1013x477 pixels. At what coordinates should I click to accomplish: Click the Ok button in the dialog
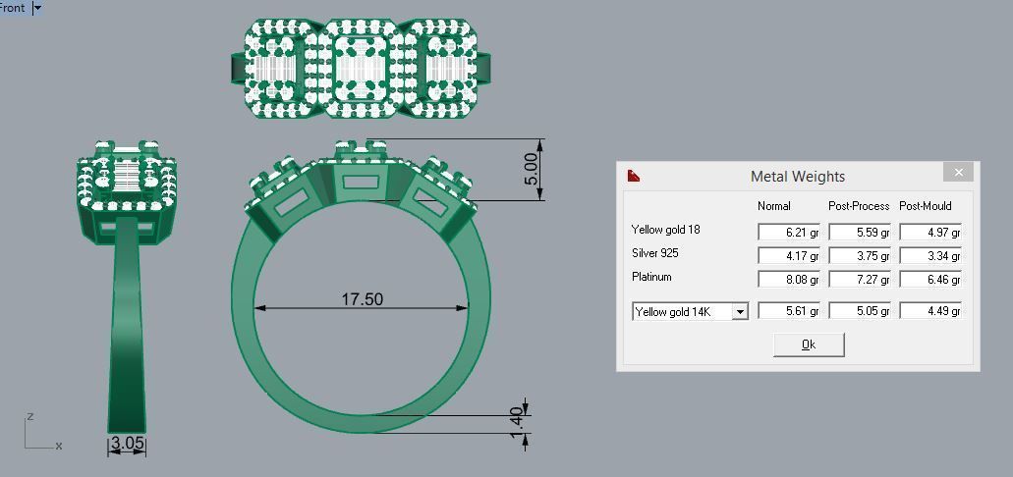809,344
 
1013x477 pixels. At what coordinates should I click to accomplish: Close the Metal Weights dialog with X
958,173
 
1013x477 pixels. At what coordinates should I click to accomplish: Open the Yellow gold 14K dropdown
740,312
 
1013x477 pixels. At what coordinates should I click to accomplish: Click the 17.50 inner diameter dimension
362,298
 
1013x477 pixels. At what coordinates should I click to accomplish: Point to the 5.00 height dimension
532,169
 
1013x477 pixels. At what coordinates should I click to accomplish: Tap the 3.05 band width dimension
128,444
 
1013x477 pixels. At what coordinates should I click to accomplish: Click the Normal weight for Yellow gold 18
788,232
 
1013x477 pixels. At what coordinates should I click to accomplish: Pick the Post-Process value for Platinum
859,279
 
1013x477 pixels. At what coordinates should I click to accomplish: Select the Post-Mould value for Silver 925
929,255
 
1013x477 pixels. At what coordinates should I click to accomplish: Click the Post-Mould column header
925,206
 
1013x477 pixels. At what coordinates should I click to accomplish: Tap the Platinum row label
651,277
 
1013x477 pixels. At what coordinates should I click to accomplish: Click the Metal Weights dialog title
797,177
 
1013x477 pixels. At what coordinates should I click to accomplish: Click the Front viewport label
13,8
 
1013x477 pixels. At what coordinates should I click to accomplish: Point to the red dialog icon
634,176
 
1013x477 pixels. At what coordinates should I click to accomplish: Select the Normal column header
773,206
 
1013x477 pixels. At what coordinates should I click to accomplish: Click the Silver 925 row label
654,253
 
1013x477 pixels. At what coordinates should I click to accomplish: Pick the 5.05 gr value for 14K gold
859,311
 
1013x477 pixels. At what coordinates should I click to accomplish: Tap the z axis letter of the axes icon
30,416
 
